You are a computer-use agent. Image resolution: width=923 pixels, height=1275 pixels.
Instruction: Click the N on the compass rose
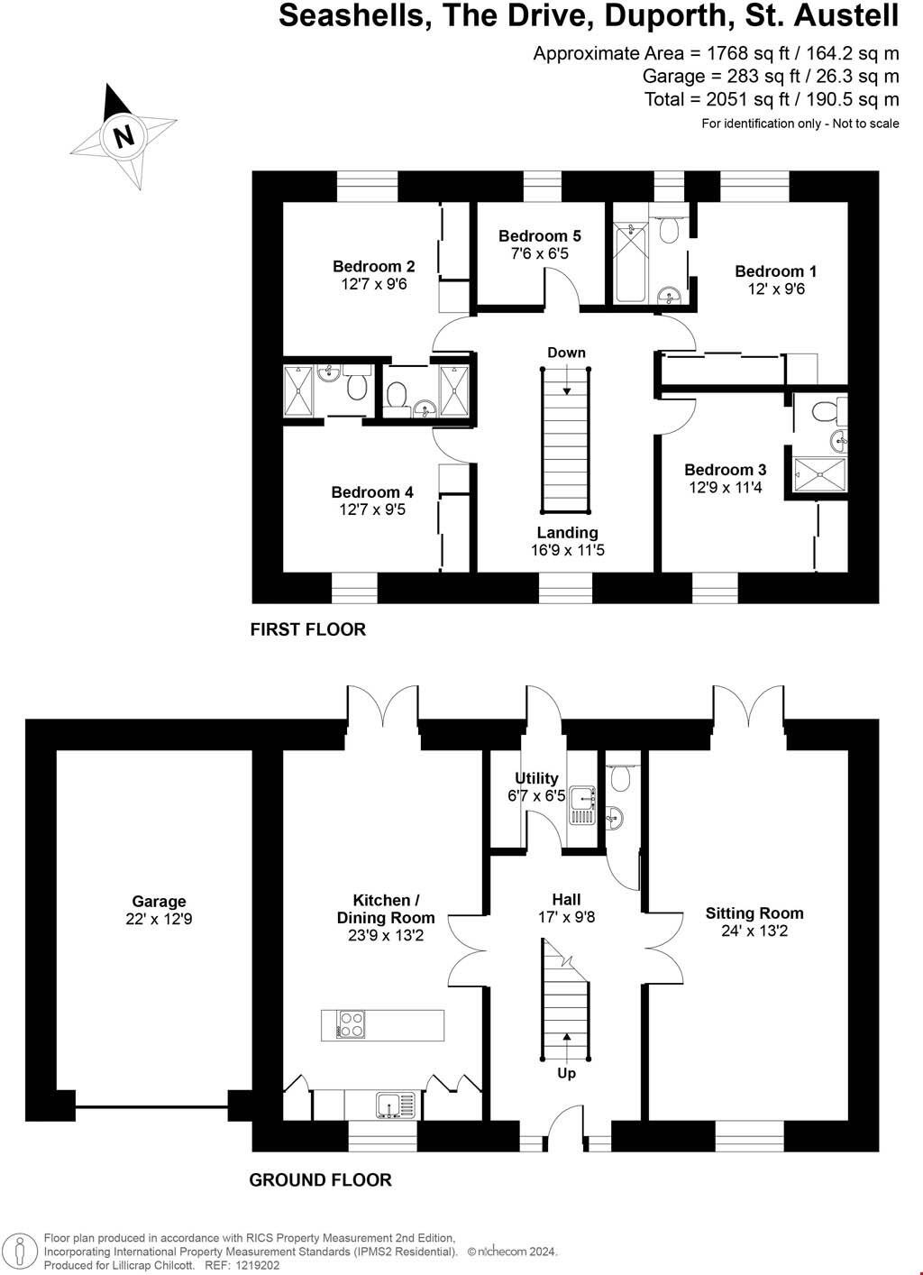[123, 136]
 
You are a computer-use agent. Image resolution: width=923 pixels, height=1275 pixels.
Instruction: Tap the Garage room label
[159, 901]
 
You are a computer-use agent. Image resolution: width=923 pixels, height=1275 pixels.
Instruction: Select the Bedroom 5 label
[540, 236]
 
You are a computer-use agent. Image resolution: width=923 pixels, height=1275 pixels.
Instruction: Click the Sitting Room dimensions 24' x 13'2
[754, 931]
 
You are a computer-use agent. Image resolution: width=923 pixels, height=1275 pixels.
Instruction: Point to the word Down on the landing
[566, 353]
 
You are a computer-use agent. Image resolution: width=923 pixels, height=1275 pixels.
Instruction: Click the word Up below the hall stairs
[566, 1073]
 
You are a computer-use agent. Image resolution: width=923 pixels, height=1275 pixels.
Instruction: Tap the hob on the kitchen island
[351, 1024]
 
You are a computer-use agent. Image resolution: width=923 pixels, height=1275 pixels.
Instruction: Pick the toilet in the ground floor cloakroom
[619, 776]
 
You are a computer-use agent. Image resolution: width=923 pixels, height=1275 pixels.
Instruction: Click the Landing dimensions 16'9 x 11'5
[567, 550]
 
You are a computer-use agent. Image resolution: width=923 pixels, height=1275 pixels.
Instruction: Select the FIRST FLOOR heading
[308, 629]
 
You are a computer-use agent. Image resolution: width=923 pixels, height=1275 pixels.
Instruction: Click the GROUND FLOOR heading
[320, 1179]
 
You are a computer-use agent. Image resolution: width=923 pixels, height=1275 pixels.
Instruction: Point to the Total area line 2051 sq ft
[772, 99]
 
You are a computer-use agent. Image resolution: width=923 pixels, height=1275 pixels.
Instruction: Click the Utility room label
[536, 778]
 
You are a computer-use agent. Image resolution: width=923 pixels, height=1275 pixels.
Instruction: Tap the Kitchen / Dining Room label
[386, 909]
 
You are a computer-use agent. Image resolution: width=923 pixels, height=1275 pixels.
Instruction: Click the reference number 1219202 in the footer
[255, 1265]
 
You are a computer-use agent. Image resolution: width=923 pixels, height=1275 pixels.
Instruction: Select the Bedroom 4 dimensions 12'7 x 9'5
[372, 509]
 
